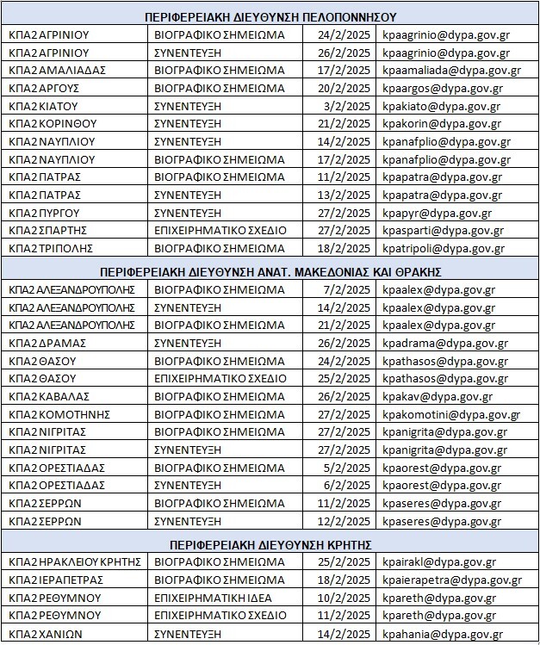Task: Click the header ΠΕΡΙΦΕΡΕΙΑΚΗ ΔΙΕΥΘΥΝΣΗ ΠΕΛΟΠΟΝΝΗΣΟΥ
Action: (x=270, y=16)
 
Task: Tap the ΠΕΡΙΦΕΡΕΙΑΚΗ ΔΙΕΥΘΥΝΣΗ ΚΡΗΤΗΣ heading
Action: (x=270, y=544)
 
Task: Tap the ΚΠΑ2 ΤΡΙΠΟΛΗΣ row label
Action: (x=49, y=248)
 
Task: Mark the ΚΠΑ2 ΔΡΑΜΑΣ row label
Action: (x=47, y=343)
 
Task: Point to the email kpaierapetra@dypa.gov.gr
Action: (x=451, y=580)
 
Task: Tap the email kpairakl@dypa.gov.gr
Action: (x=438, y=562)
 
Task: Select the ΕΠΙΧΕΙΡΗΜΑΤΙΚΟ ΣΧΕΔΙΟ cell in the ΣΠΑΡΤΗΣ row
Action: (x=220, y=231)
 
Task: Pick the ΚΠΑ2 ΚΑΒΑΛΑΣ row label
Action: (x=47, y=396)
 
